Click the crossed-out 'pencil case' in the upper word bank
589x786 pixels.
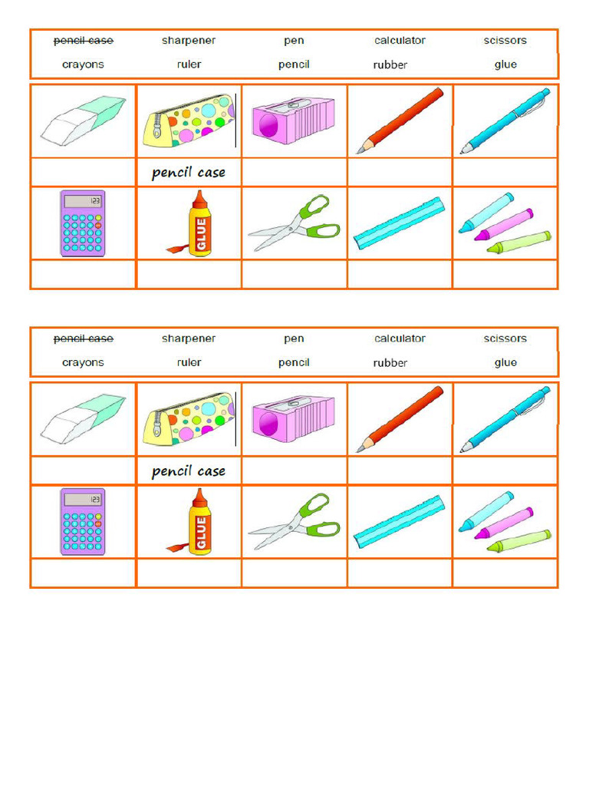(83, 41)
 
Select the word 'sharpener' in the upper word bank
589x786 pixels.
(189, 41)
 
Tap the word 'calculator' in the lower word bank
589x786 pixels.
(400, 339)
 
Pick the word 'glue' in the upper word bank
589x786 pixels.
(505, 64)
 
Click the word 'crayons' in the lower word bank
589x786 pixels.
(83, 362)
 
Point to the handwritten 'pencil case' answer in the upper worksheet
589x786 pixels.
(189, 173)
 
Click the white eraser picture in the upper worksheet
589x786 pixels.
(83, 121)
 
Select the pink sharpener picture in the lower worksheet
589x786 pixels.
(293, 418)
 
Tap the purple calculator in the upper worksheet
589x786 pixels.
(83, 223)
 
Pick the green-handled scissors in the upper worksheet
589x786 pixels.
(294, 224)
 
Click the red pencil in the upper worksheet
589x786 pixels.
(400, 121)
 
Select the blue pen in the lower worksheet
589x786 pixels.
(505, 419)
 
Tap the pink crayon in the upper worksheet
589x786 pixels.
(504, 224)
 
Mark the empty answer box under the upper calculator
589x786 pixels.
(83, 274)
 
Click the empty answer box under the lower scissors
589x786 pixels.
(294, 573)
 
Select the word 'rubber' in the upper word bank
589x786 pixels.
(390, 65)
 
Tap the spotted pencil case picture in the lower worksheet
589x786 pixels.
(189, 419)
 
